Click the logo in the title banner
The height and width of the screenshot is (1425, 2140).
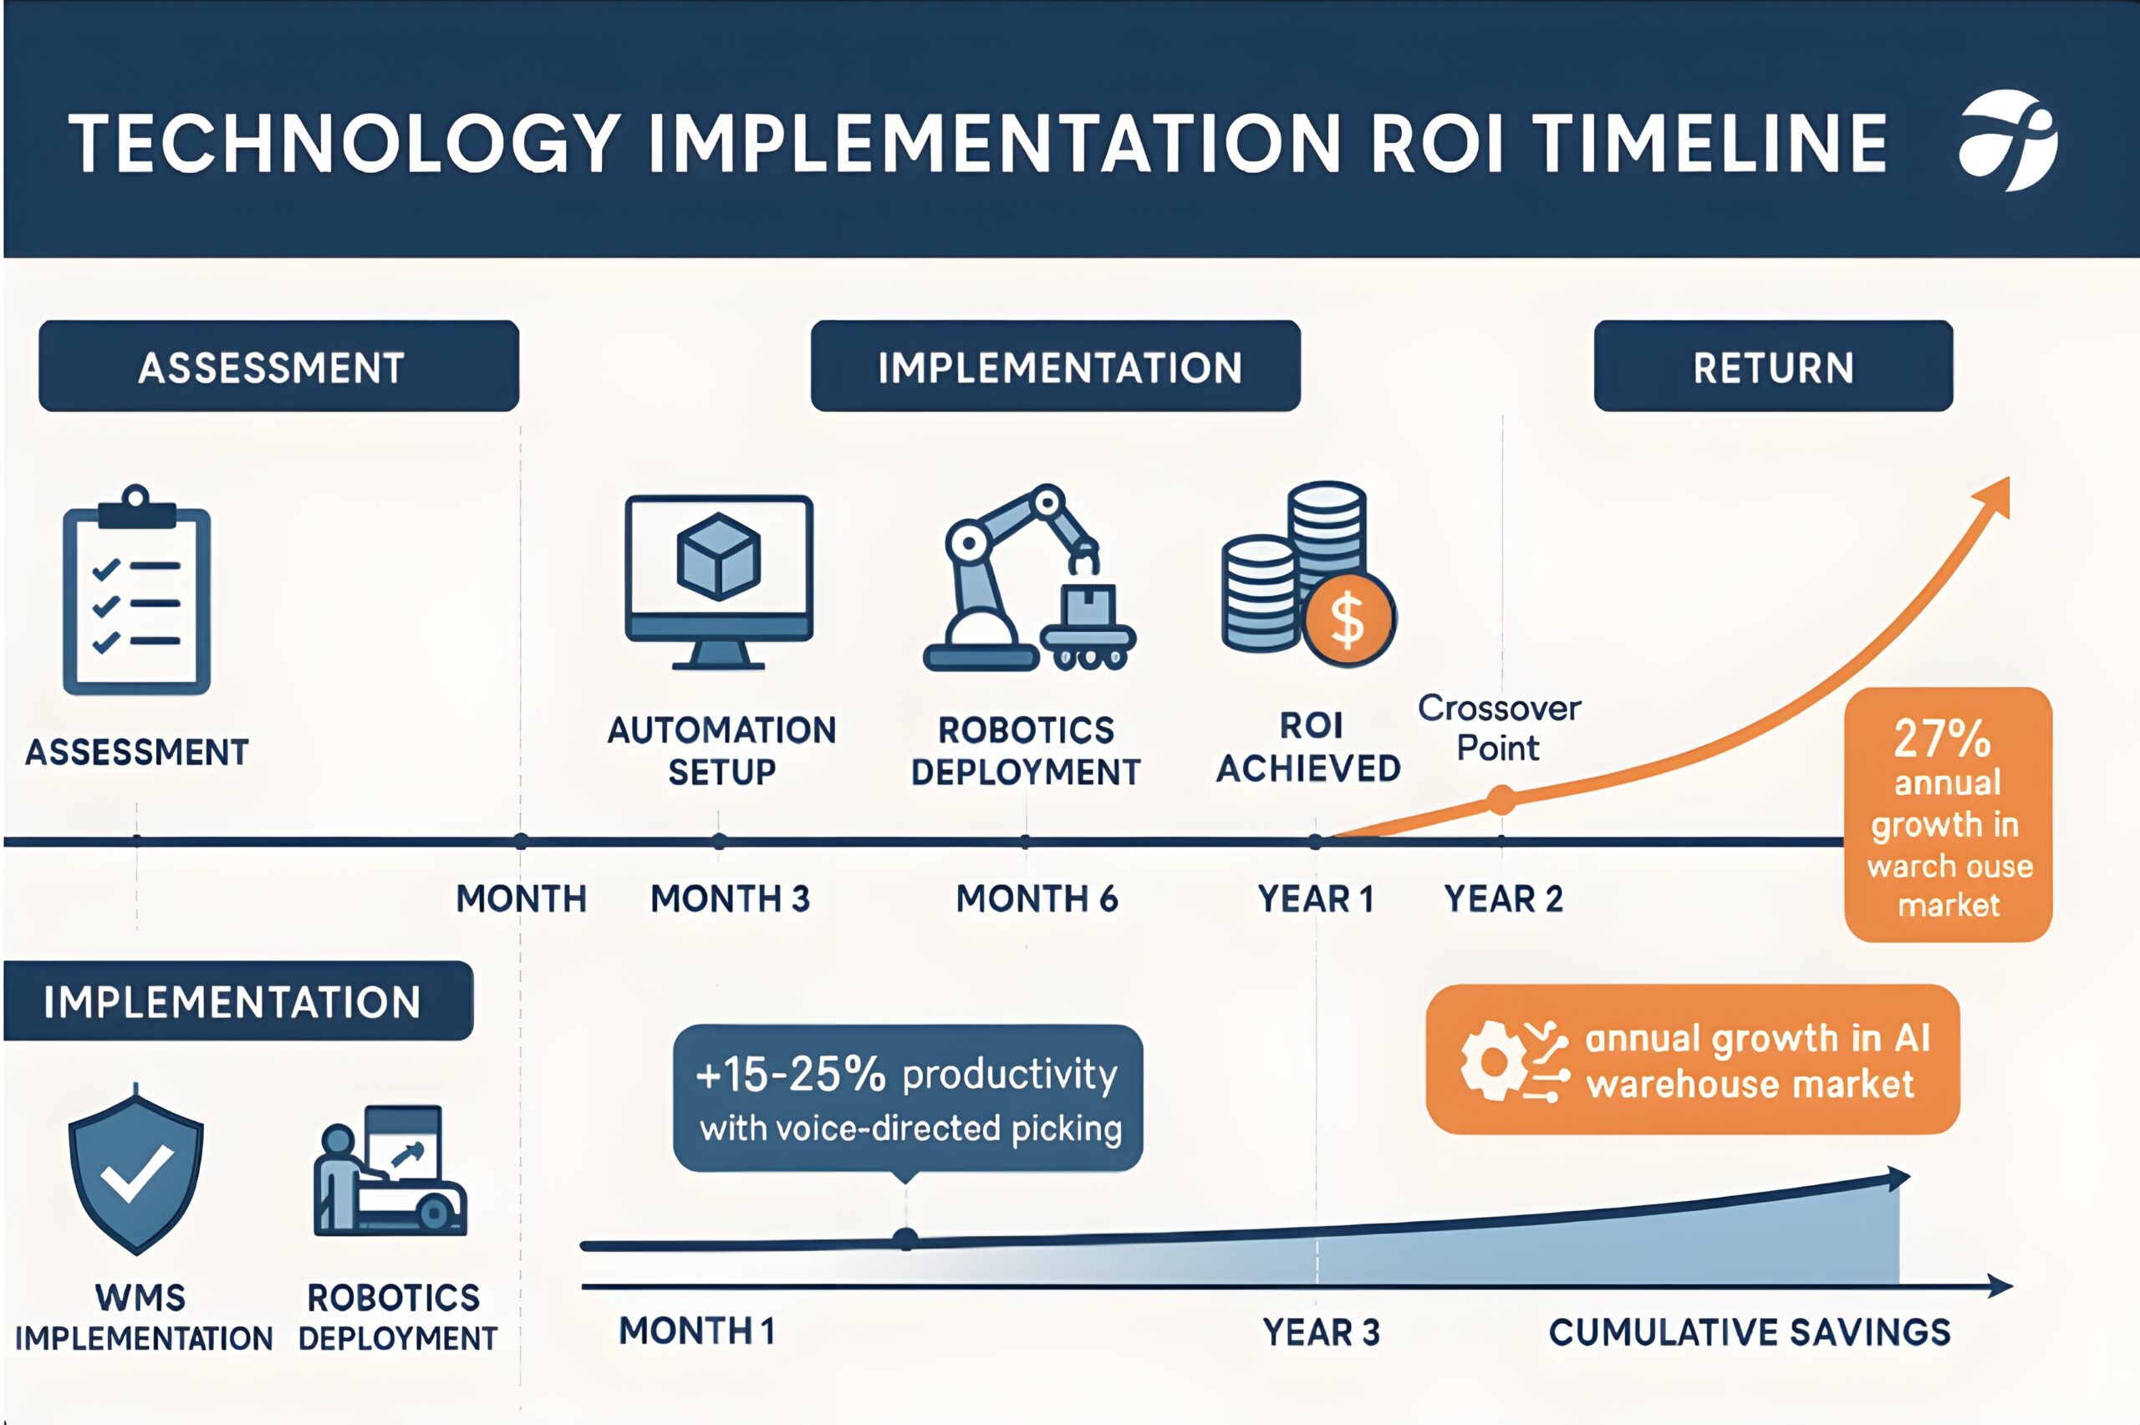click(2008, 141)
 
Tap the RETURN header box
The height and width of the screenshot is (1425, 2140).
click(1773, 366)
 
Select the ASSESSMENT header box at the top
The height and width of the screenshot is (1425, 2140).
click(279, 366)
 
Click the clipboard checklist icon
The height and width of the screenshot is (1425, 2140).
click(136, 590)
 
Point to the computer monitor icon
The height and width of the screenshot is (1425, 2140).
click(719, 582)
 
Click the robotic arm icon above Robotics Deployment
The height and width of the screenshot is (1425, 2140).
click(1029, 577)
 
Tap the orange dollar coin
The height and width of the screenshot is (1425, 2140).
click(1348, 619)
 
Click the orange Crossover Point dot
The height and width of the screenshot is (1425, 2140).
click(1501, 800)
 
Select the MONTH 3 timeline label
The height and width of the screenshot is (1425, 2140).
click(730, 898)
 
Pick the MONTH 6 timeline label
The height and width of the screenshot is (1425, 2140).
click(1037, 898)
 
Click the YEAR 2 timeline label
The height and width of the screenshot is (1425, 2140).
click(1504, 898)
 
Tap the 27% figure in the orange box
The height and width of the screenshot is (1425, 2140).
click(1942, 738)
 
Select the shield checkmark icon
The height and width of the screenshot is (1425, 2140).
click(136, 1173)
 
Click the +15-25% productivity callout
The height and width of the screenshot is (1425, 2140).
click(908, 1098)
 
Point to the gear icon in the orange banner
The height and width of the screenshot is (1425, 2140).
click(1492, 1061)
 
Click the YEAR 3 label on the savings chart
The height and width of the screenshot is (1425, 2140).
click(1322, 1332)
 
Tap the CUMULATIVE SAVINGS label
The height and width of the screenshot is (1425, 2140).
click(1750, 1332)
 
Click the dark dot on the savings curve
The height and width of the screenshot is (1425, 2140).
click(905, 1239)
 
